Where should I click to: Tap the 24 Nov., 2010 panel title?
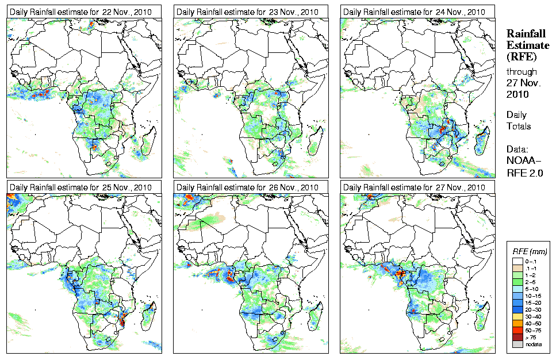point(412,12)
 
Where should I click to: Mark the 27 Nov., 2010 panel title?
point(412,187)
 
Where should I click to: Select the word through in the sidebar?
point(521,72)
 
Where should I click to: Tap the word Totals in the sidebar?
point(519,126)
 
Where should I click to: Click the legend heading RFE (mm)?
point(530,251)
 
